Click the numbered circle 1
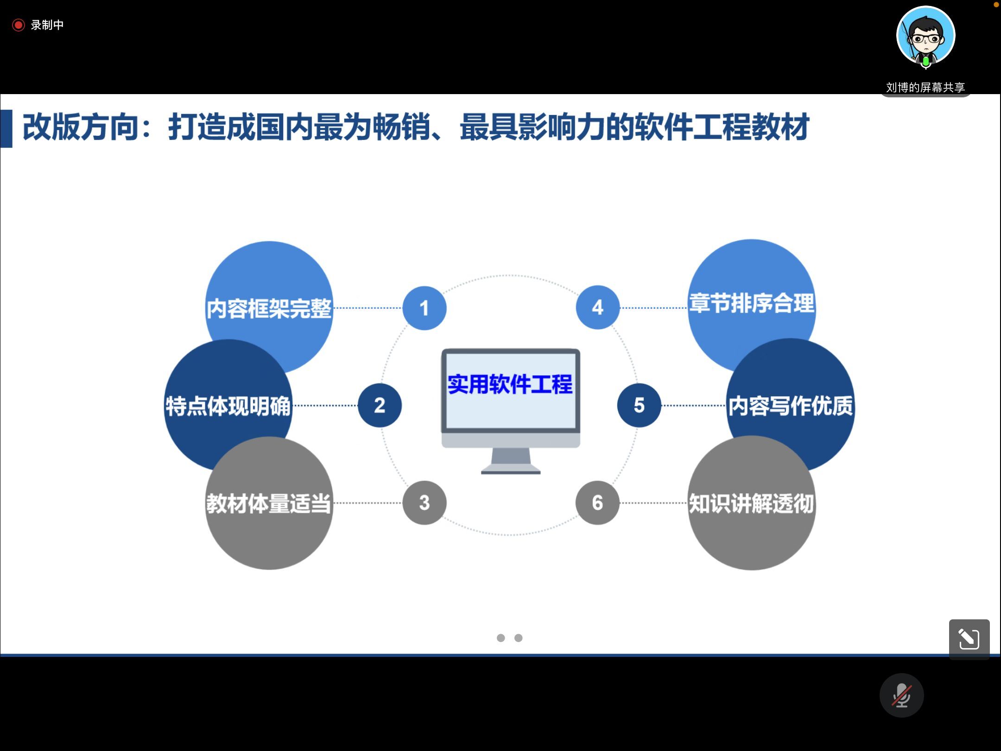(x=424, y=308)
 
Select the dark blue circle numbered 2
(x=380, y=405)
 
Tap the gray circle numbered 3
(x=424, y=503)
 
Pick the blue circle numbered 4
(x=597, y=307)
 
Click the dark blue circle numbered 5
(x=639, y=405)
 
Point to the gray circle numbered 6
(x=597, y=503)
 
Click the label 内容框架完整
(x=269, y=308)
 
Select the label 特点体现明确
(x=228, y=406)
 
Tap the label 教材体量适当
(x=269, y=503)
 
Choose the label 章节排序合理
(x=751, y=304)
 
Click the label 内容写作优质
(x=790, y=406)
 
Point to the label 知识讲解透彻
(x=751, y=503)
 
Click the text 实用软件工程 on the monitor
(x=510, y=384)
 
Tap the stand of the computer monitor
(x=511, y=461)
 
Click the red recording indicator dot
(x=18, y=25)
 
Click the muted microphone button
(x=901, y=695)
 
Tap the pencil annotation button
(x=969, y=639)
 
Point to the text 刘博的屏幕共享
(x=925, y=87)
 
